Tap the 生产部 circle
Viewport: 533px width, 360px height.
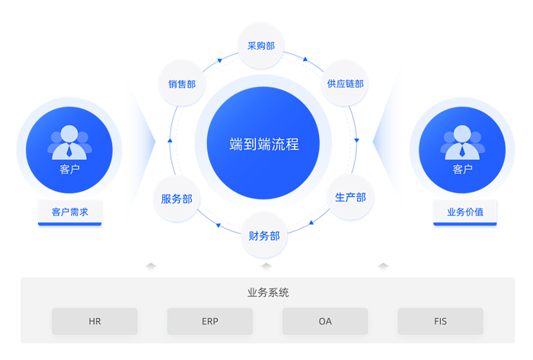[350, 197]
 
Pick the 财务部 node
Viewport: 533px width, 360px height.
[264, 236]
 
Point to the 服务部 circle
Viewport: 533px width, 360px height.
[177, 199]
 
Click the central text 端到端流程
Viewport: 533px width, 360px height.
[264, 143]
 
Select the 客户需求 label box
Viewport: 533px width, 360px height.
[70, 212]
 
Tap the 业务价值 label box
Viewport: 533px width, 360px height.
[464, 212]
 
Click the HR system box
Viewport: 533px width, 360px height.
[94, 321]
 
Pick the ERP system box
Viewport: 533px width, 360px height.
[210, 321]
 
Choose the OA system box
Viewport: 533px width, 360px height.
[325, 321]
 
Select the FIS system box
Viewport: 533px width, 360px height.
[440, 321]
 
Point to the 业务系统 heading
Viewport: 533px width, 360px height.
[268, 292]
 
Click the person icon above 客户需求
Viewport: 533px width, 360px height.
[69, 142]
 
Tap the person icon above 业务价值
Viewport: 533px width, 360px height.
[462, 142]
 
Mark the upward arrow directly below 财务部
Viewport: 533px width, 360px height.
[266, 266]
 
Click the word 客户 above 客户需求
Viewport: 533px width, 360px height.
[69, 169]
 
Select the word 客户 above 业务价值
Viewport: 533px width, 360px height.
[462, 169]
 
